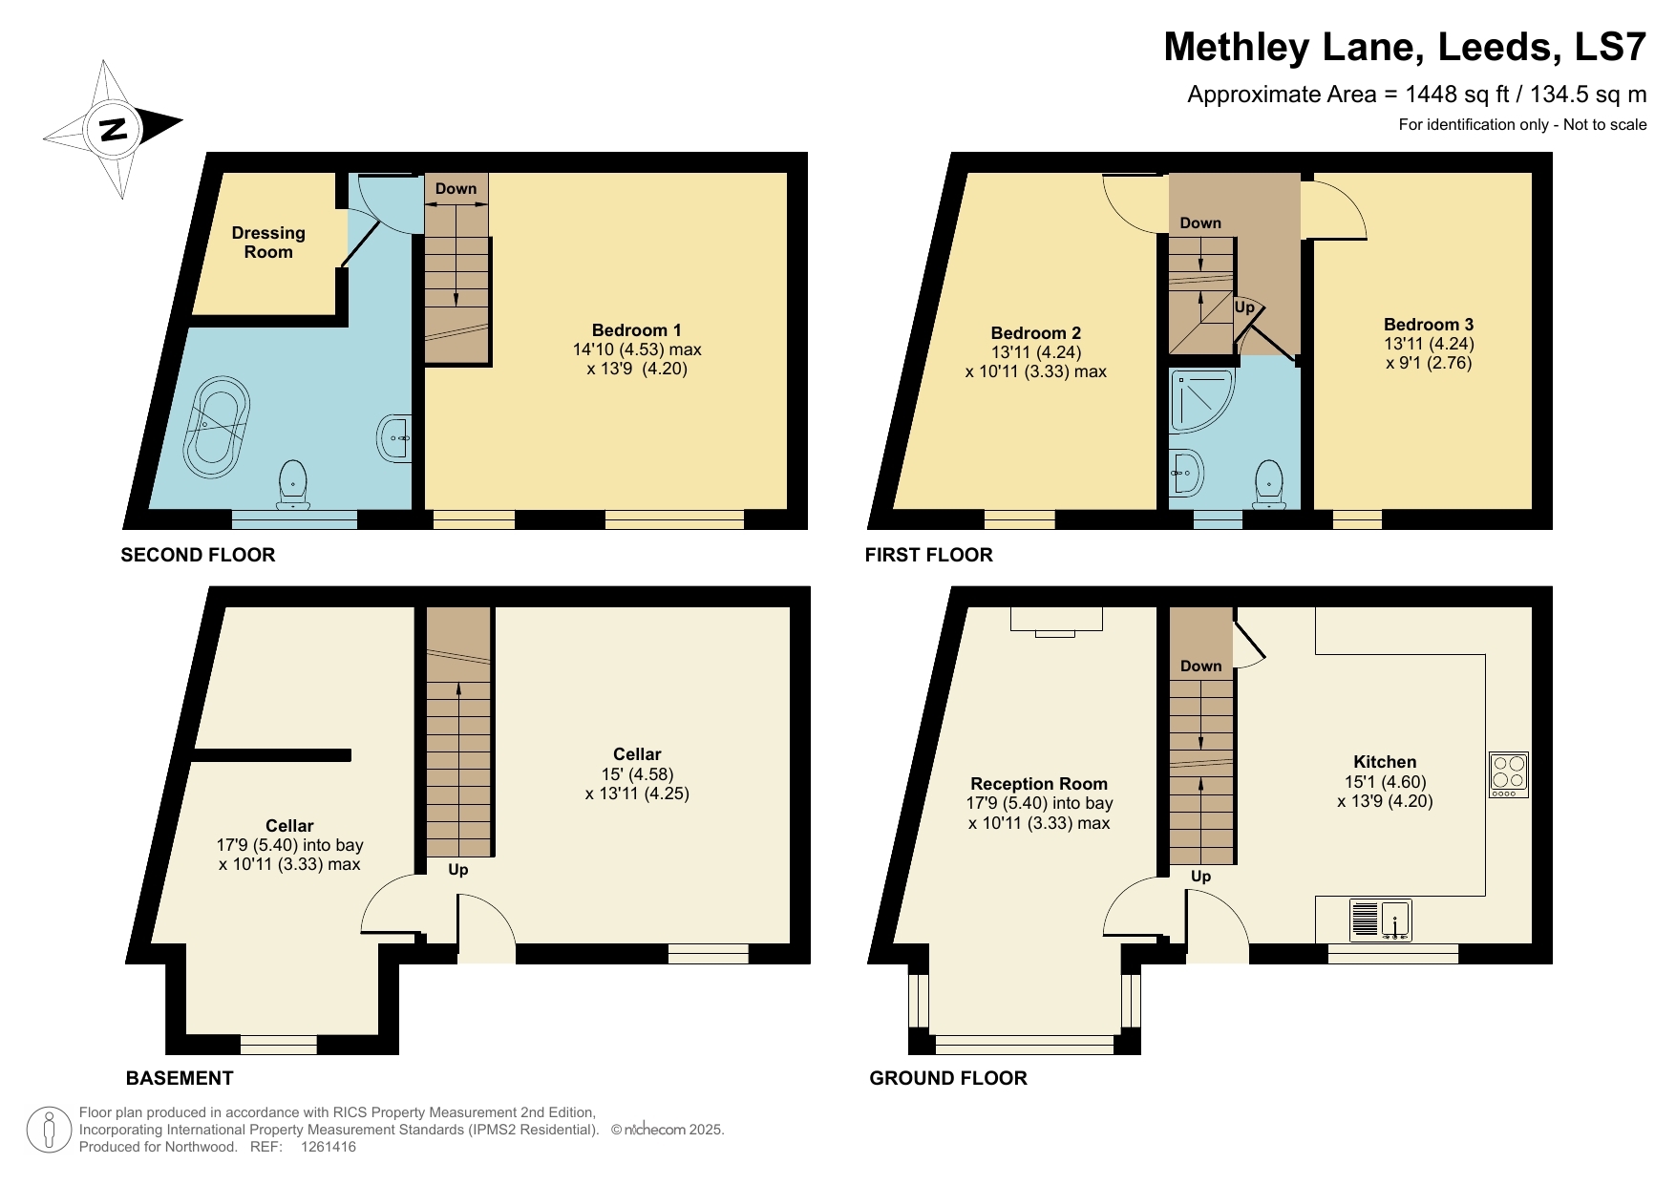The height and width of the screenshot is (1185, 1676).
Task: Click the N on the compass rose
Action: tap(114, 129)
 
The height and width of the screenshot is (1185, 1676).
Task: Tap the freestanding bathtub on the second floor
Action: tap(217, 427)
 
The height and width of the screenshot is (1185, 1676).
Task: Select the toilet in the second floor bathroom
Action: tap(293, 484)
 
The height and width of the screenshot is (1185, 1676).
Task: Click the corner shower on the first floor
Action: tap(1199, 399)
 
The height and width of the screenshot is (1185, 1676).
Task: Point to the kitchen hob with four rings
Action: tap(1509, 774)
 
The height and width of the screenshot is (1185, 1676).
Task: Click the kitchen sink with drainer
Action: tap(1381, 920)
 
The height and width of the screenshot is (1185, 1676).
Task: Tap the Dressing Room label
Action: tap(268, 243)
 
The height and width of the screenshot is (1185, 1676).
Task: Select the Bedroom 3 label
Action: tap(1428, 325)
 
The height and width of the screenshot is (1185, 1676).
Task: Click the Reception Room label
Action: tap(1039, 784)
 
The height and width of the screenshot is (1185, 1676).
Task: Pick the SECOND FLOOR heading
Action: tap(198, 555)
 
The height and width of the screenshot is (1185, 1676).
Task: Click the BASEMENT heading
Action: tap(180, 1078)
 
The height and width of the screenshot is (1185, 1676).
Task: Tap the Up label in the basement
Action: tap(458, 870)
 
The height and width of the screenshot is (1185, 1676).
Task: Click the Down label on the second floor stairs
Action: tap(456, 189)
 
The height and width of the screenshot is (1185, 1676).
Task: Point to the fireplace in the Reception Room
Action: tap(1055, 620)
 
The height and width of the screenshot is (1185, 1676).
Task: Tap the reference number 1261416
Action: tap(328, 1147)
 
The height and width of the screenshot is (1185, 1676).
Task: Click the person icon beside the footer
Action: tap(49, 1130)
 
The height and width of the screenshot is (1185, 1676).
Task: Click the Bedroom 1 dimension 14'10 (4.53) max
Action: tap(637, 349)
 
